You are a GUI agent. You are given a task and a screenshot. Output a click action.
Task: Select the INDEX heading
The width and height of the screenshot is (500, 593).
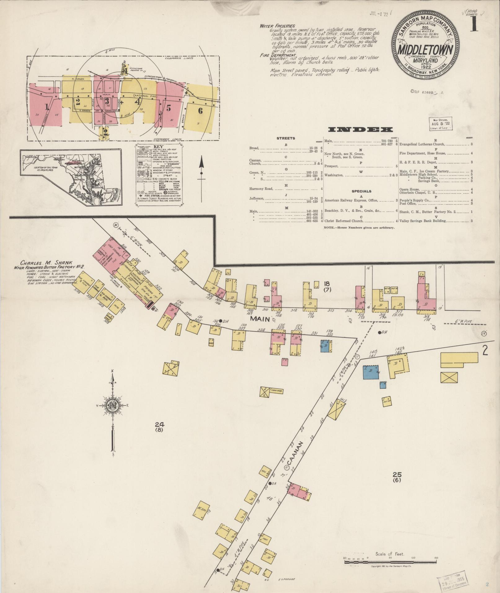coord(356,130)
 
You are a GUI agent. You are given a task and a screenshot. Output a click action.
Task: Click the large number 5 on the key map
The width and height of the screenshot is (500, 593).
coord(169,108)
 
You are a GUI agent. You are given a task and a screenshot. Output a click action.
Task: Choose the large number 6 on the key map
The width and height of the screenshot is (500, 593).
coord(200,110)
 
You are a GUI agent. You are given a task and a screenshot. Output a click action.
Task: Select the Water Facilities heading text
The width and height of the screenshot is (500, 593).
coord(277,26)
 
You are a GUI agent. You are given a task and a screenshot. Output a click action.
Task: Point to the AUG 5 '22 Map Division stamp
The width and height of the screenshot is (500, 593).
coord(440,123)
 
